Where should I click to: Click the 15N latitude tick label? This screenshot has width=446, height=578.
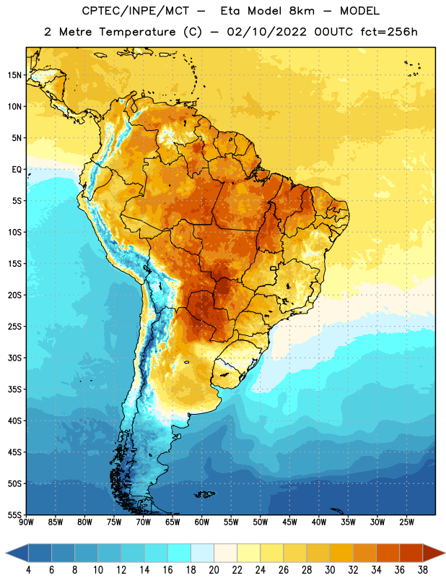[14, 75]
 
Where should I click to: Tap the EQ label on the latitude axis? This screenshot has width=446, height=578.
[17, 170]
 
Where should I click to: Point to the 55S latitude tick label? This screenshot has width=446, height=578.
[14, 514]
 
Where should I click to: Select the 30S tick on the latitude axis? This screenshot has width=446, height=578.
[14, 358]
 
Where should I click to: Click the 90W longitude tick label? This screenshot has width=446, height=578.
[26, 522]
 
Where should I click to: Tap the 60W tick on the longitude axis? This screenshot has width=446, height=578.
[202, 522]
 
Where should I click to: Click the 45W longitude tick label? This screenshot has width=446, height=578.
[289, 522]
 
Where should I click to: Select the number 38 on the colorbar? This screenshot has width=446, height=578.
[423, 570]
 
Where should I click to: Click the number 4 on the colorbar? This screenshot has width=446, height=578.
[28, 570]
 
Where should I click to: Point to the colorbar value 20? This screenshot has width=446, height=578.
[214, 570]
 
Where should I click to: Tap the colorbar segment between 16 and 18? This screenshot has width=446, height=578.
[180, 553]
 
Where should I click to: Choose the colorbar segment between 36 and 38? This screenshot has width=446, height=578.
[411, 553]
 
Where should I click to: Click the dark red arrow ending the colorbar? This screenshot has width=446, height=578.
[433, 553]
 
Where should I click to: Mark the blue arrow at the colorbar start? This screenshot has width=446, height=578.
[17, 553]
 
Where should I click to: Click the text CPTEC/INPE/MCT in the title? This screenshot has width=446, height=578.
[136, 11]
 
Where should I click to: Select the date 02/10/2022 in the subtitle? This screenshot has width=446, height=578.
[266, 32]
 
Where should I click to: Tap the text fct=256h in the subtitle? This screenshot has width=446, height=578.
[389, 32]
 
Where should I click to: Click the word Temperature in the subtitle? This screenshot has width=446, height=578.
[137, 33]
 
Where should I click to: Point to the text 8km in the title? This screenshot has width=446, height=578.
[302, 11]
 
